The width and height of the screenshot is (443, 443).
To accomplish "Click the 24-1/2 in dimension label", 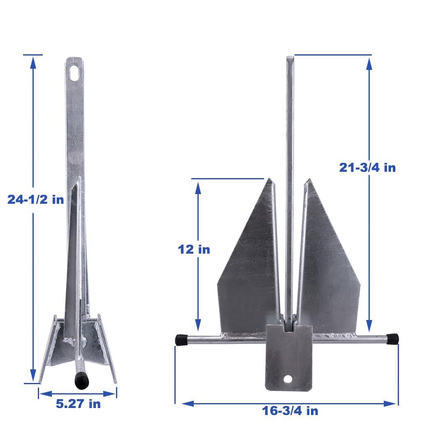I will tap(36, 199).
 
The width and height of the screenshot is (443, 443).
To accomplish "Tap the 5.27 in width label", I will tap(78, 404).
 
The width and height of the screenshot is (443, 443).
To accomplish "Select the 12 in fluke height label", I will tap(194, 249).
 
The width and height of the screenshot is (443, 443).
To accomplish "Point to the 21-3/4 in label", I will tap(367, 167).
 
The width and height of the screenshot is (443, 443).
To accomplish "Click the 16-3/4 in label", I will tap(290, 411).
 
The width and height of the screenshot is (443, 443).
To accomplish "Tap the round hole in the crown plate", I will tap(288, 378).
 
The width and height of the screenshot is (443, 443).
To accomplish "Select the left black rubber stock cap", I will tap(181, 340).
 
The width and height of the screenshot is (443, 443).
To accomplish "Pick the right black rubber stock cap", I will tap(392, 339).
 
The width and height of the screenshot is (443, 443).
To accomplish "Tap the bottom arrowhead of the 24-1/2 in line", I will tap(33, 376).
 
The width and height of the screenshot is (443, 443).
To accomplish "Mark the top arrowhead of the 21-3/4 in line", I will tap(369, 63).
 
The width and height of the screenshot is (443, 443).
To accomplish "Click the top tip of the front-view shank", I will tap(290, 58).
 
